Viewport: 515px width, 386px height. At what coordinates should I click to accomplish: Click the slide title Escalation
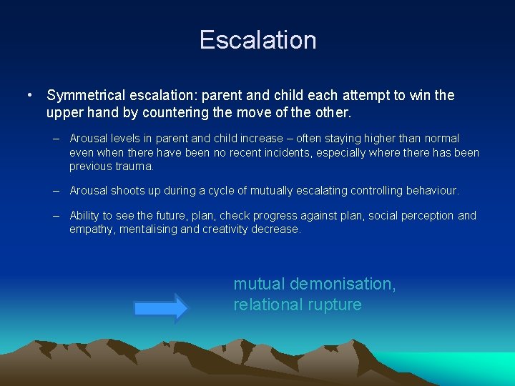tap(257, 39)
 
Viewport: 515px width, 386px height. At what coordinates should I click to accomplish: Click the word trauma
tap(136, 167)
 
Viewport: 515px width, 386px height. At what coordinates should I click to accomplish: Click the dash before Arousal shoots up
tap(56, 191)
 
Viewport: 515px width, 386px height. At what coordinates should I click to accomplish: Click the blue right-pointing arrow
tap(161, 307)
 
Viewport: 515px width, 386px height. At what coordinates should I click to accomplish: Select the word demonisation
tap(343, 284)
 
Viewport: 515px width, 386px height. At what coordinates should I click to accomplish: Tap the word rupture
tap(335, 305)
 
